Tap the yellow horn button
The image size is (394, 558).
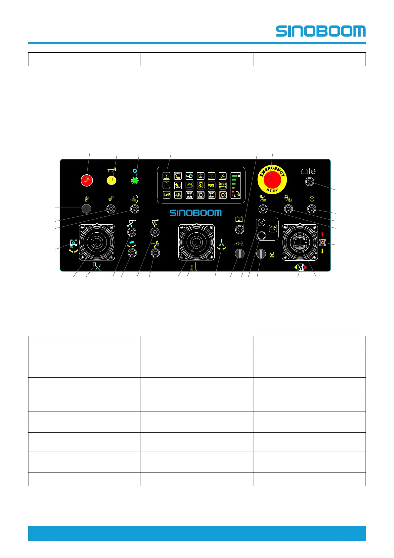click(x=112, y=181)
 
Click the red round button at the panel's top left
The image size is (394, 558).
click(x=87, y=181)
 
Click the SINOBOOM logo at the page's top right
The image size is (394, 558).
click(x=321, y=31)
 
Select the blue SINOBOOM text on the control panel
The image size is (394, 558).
click(x=196, y=213)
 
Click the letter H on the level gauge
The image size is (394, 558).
click(x=239, y=176)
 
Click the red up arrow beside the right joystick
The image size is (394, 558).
click(x=323, y=234)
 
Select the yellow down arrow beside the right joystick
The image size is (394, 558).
click(x=323, y=251)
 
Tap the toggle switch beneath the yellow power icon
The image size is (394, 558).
click(x=240, y=229)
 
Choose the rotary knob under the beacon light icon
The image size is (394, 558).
click(x=86, y=209)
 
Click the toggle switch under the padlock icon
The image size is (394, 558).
click(x=111, y=209)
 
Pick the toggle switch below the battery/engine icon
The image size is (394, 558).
click(x=309, y=181)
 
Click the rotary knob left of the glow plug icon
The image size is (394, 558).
click(x=261, y=254)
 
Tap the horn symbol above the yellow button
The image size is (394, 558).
click(x=112, y=170)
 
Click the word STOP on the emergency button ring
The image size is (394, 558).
click(x=272, y=191)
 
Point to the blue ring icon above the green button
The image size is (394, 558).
click(x=134, y=171)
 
